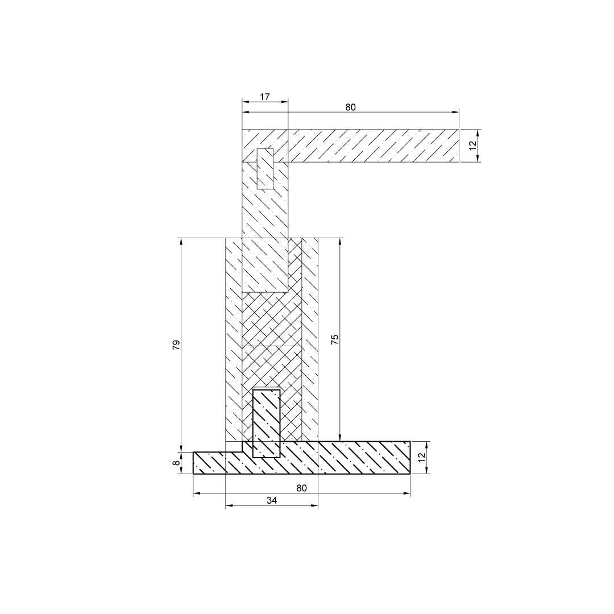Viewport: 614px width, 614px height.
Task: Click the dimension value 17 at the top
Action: (x=265, y=96)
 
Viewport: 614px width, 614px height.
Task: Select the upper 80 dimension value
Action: (x=350, y=107)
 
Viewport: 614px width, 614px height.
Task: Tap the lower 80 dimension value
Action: (x=301, y=488)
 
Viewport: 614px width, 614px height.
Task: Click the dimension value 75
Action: (x=335, y=339)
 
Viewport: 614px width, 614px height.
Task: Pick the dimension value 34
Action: (x=272, y=500)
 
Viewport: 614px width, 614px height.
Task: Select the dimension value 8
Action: (x=177, y=462)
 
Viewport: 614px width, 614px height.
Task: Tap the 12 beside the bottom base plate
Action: (x=421, y=457)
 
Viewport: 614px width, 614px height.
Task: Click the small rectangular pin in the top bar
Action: (x=265, y=168)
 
